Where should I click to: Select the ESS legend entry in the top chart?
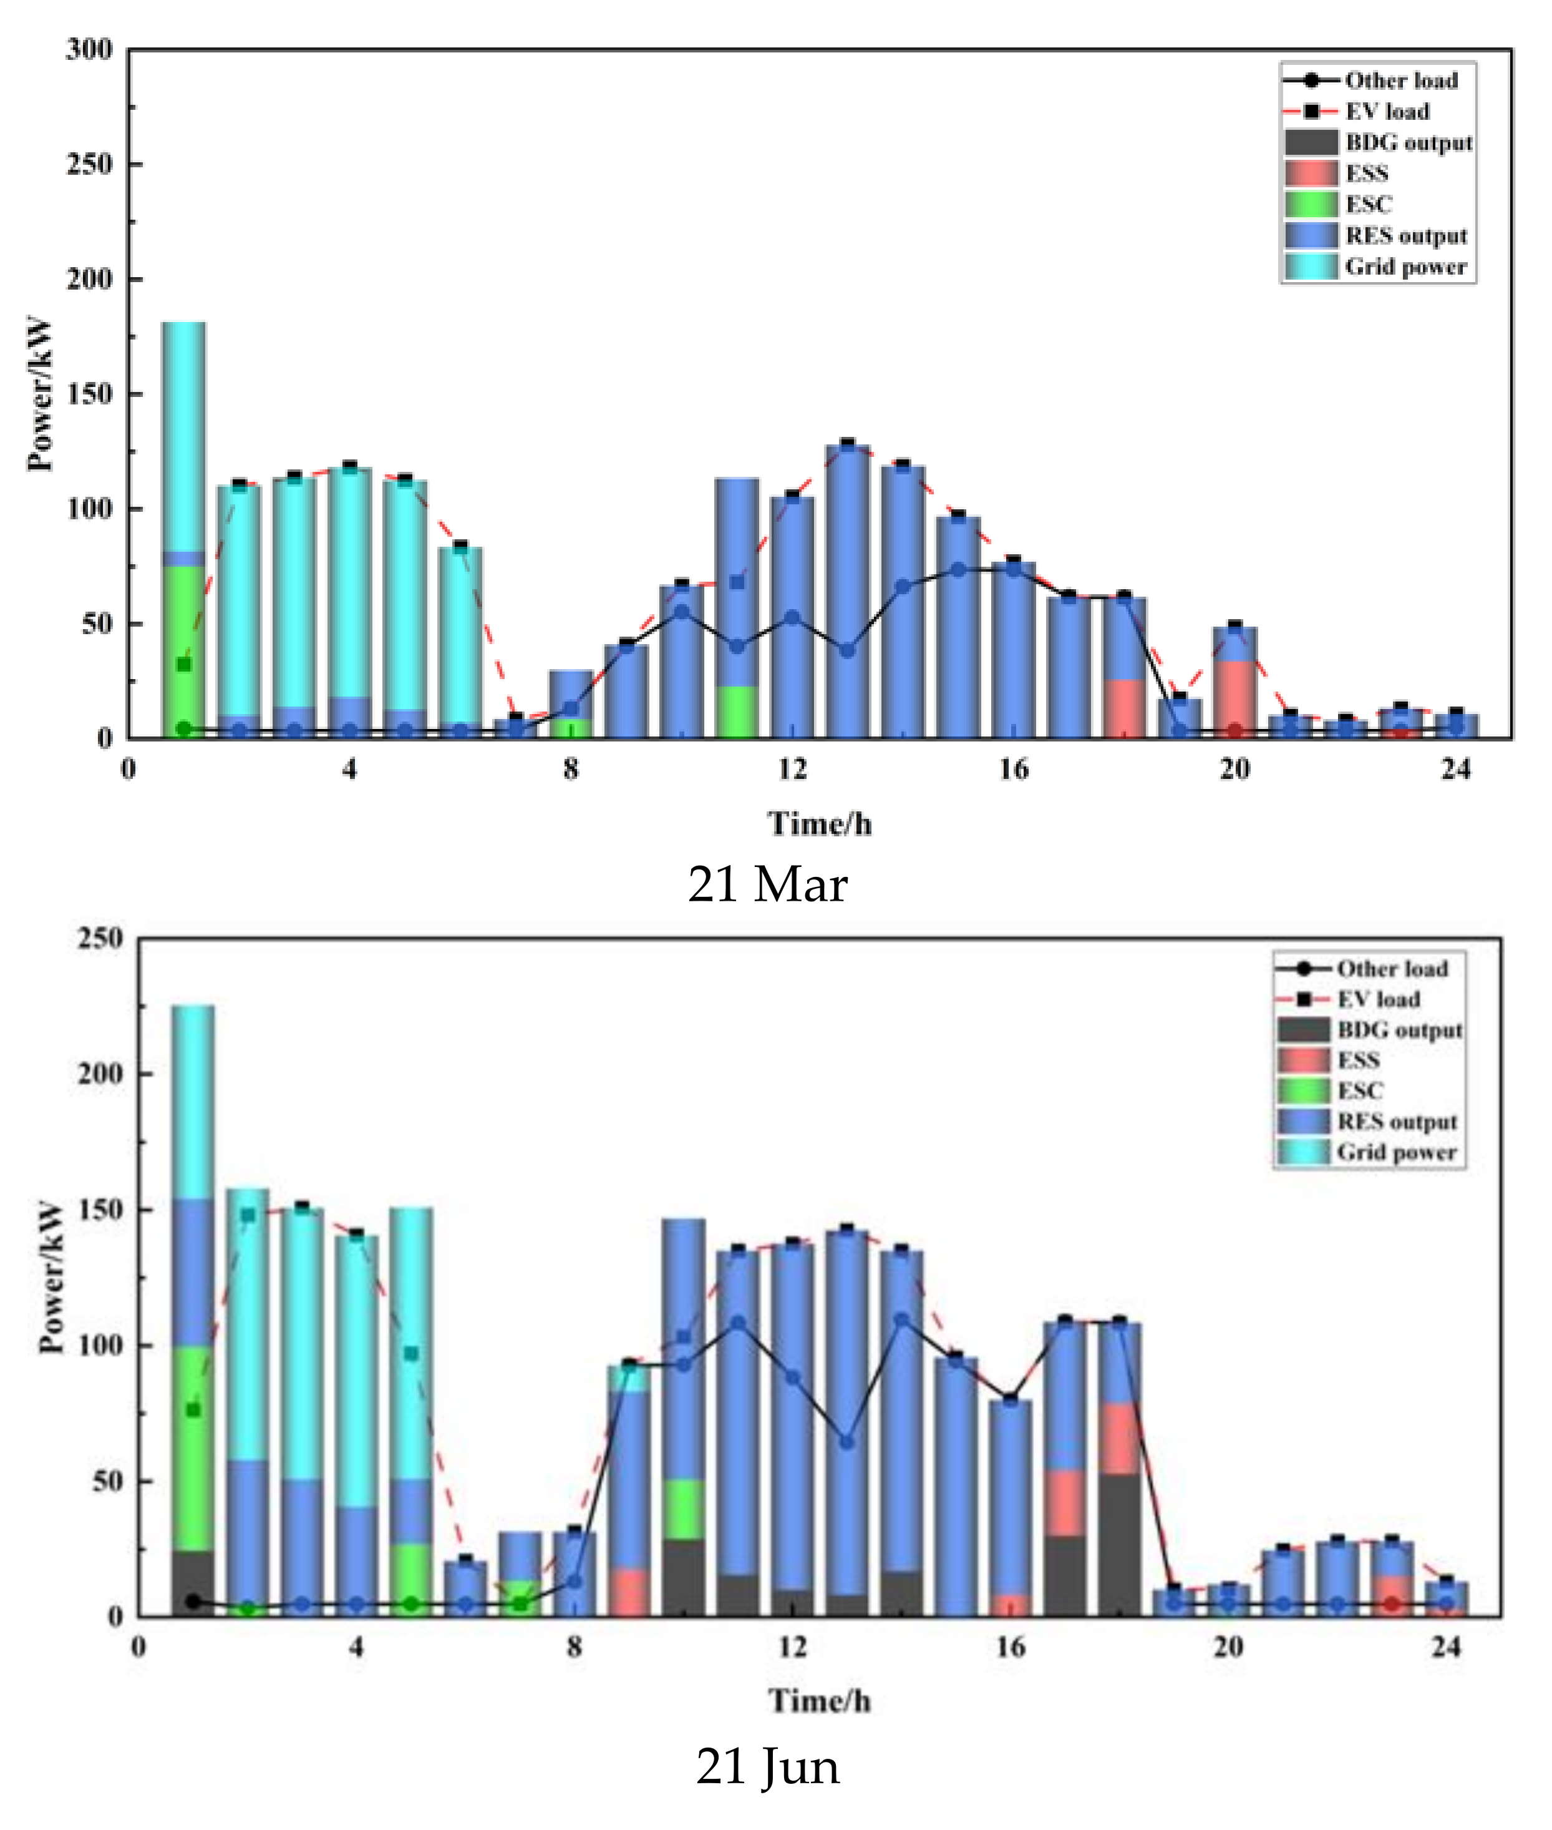pyautogui.click(x=1366, y=174)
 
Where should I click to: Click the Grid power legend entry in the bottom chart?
pyautogui.click(x=1396, y=1152)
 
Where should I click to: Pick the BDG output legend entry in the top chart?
pyautogui.click(x=1408, y=142)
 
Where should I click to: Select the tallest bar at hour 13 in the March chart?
pyautogui.click(x=847, y=590)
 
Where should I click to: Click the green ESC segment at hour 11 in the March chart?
pyautogui.click(x=737, y=712)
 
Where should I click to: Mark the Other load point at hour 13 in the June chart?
pyautogui.click(x=846, y=1441)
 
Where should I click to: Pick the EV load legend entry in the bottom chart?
pyautogui.click(x=1378, y=999)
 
